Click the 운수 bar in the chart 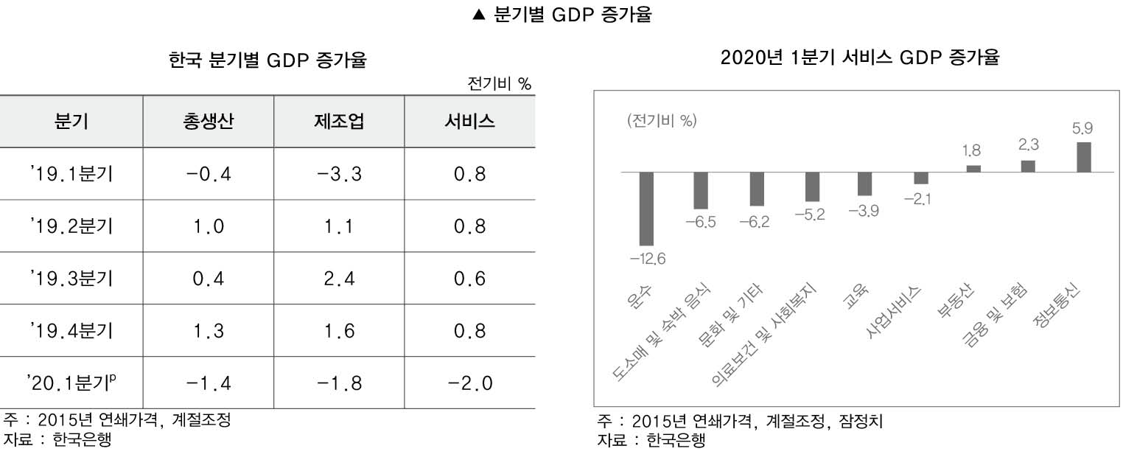coord(646,209)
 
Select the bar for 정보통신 coord(1083,157)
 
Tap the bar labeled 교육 coord(864,184)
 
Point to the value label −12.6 coord(648,259)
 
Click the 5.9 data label coord(1082,128)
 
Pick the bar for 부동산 coord(973,168)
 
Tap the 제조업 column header coord(339,122)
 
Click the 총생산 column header coord(209,122)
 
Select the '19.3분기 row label coord(71,279)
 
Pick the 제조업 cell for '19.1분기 coord(339,175)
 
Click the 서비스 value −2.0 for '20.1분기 coord(469,383)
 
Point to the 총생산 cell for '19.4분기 coord(209,331)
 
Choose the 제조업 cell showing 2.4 coord(339,279)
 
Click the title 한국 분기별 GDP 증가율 coord(267,60)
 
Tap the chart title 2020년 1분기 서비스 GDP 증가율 coord(859,57)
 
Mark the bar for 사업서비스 coord(920,178)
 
